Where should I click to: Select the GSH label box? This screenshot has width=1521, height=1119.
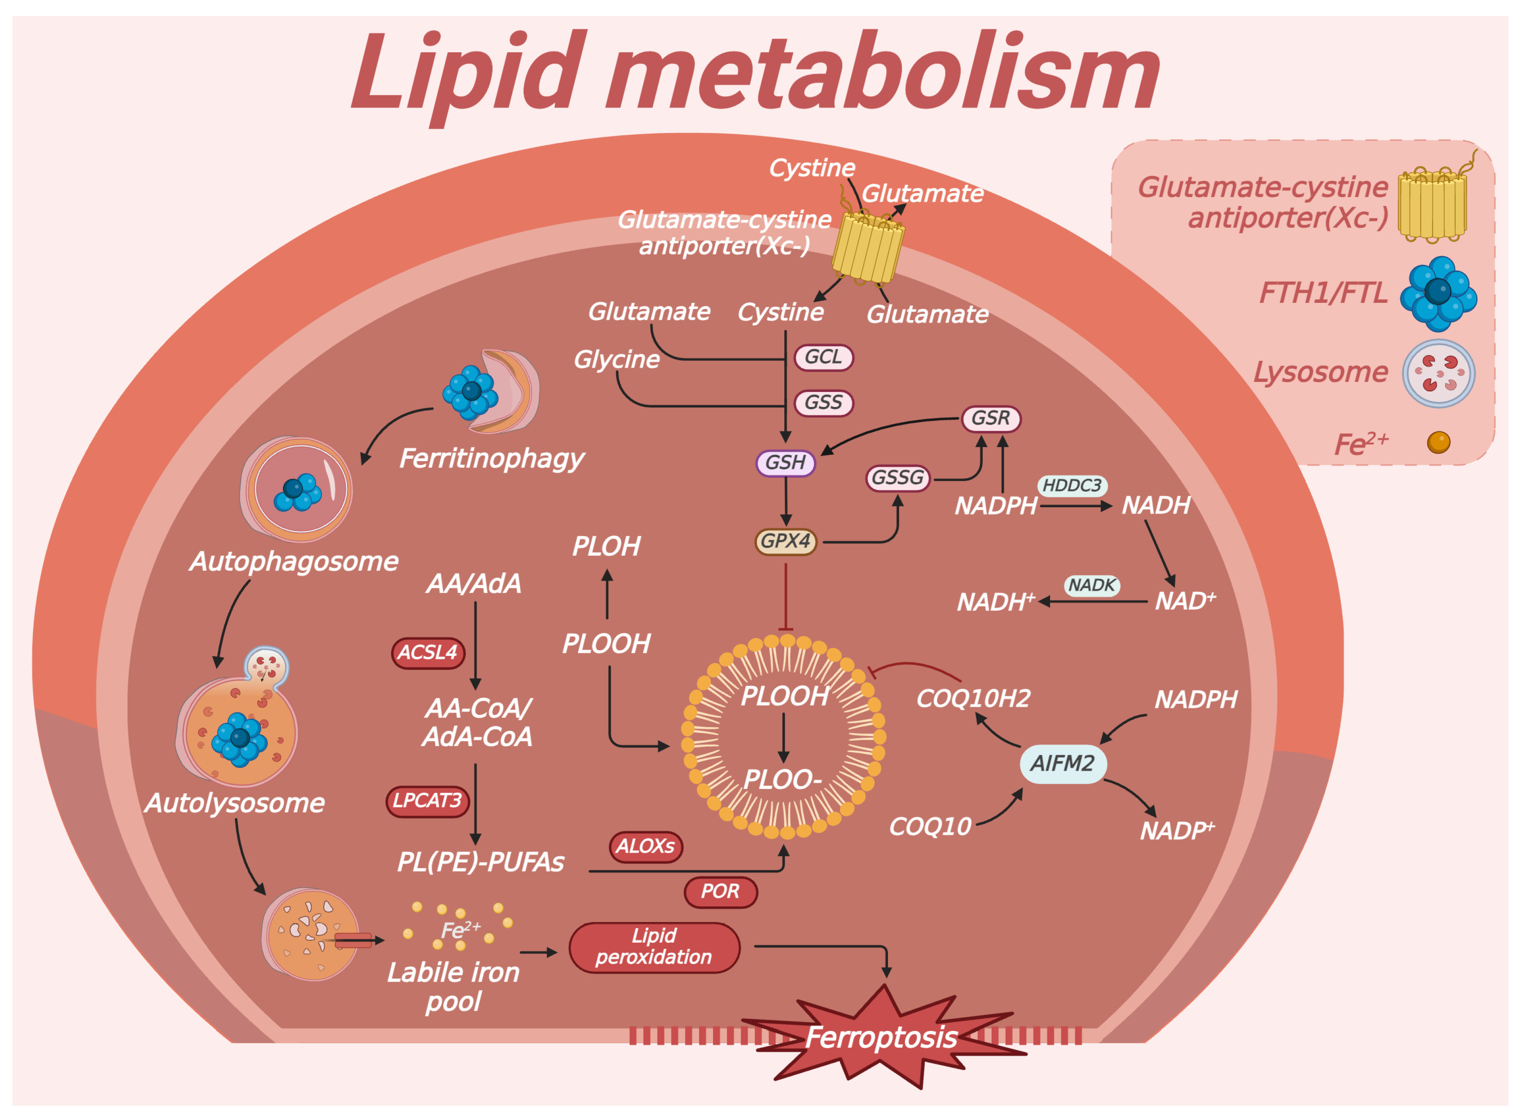click(x=785, y=463)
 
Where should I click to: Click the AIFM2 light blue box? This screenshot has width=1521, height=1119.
click(x=1063, y=763)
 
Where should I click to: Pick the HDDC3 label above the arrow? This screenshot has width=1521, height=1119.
click(x=1072, y=485)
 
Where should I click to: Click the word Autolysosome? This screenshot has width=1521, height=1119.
click(x=235, y=803)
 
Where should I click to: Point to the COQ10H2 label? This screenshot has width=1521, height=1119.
click(x=973, y=698)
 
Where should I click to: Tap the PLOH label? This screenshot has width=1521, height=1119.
click(x=606, y=546)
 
